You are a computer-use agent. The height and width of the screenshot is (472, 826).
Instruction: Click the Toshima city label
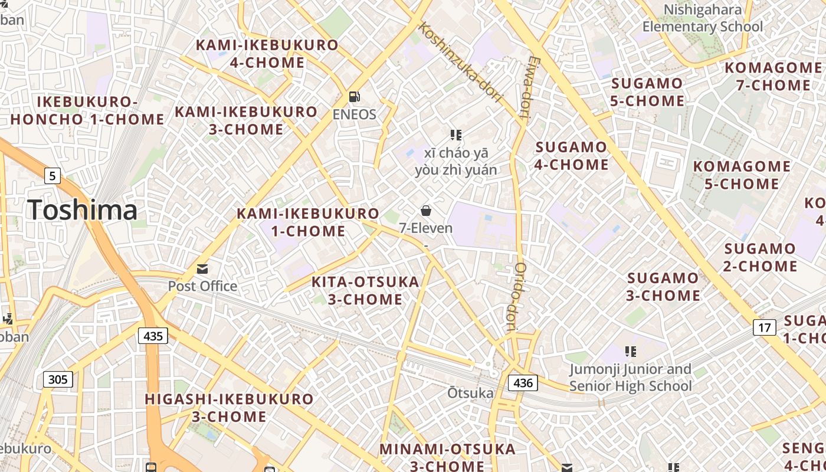click(x=82, y=210)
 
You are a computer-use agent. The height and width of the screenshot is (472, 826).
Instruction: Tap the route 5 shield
click(x=53, y=175)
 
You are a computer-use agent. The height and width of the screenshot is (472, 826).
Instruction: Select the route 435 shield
click(x=153, y=336)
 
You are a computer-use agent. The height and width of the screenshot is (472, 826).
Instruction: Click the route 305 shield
click(x=58, y=379)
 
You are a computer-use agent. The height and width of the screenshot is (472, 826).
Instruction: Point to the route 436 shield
click(x=523, y=383)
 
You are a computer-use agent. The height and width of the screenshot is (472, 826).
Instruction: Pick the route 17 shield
click(x=764, y=327)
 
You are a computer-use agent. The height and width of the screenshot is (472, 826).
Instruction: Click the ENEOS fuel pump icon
click(x=354, y=97)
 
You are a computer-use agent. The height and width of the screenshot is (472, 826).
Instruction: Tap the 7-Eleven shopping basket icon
click(x=425, y=211)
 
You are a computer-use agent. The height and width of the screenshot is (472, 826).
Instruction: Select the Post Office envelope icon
click(x=202, y=269)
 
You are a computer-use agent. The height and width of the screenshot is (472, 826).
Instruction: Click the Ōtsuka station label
click(x=470, y=393)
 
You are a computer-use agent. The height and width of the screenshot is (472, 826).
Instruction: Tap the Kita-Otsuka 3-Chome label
click(x=365, y=290)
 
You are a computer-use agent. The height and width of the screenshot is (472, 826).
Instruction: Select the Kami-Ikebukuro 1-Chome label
click(x=307, y=222)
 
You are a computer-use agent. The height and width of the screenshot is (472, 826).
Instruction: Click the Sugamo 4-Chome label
click(x=571, y=155)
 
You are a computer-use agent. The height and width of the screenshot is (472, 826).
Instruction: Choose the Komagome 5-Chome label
click(x=742, y=175)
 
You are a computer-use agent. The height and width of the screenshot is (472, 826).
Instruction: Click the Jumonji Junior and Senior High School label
click(x=630, y=378)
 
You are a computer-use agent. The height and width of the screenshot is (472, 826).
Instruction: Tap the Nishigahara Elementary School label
click(x=702, y=18)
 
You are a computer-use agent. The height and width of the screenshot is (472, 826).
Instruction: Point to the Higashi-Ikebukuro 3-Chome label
click(x=229, y=407)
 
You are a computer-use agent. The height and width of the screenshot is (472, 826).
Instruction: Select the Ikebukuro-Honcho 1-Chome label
click(x=87, y=110)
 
